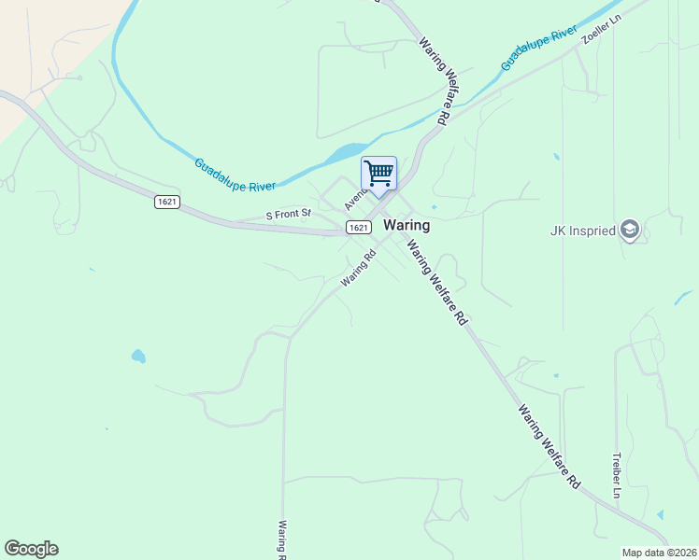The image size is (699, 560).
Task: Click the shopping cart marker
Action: tap(378, 174)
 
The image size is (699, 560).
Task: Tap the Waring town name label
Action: tap(407, 225)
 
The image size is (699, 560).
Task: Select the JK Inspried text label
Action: tap(583, 230)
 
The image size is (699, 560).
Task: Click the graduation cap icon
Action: tap(630, 230)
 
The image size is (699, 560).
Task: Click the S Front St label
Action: tap(288, 215)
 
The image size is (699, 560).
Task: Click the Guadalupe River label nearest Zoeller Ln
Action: tap(538, 48)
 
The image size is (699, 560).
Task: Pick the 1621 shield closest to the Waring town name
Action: tap(357, 228)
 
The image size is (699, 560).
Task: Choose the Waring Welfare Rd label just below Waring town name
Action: tap(435, 281)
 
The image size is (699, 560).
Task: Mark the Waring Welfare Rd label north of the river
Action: tap(435, 81)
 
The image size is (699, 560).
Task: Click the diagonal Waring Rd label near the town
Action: tap(358, 268)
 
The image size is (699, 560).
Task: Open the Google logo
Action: tap(31, 549)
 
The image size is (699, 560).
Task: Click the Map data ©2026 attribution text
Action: tap(659, 553)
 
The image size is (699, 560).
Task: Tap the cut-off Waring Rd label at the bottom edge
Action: tap(280, 539)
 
